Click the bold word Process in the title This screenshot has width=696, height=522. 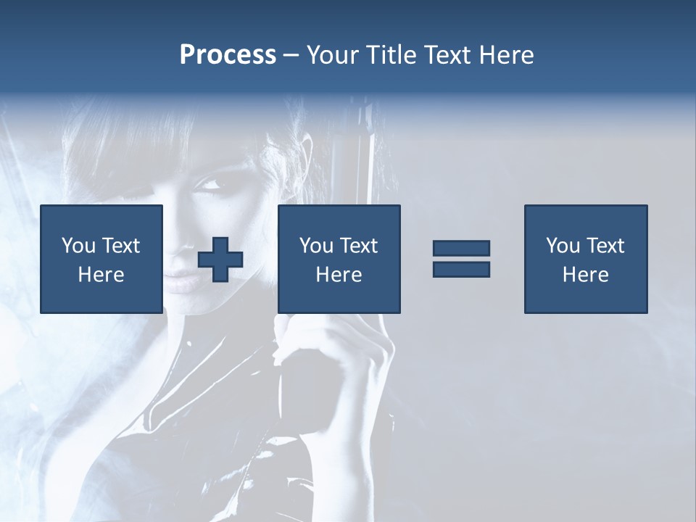click(x=228, y=55)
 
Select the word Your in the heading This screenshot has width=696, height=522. click(x=334, y=55)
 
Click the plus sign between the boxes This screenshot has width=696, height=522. click(x=220, y=260)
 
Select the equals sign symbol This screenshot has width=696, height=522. click(x=461, y=259)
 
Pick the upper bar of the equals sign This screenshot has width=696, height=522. click(x=461, y=249)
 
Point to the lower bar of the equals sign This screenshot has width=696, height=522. click(x=461, y=269)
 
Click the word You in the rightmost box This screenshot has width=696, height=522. click(x=563, y=246)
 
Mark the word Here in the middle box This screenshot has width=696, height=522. click(x=339, y=275)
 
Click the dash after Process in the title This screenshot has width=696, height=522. click(x=291, y=55)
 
